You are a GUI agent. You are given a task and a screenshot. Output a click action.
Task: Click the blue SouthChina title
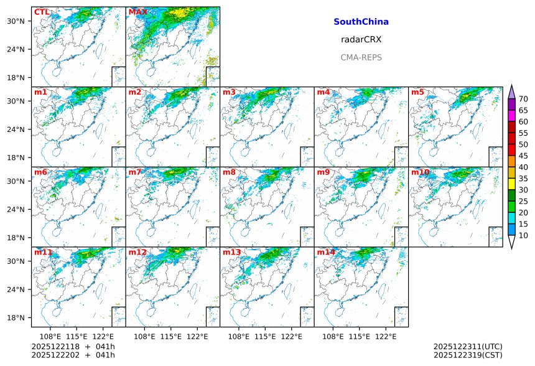[361, 22]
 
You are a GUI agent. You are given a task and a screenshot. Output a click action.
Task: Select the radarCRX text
[361, 39]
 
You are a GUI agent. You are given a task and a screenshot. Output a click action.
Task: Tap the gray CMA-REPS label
[361, 57]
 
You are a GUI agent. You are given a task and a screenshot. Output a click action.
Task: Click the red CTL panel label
[42, 12]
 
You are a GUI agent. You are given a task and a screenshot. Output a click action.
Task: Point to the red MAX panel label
[137, 12]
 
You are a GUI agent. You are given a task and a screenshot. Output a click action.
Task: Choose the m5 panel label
[417, 92]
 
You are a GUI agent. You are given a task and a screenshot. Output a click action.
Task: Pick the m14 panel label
[325, 253]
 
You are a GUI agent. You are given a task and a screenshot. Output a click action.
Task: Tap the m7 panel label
[135, 172]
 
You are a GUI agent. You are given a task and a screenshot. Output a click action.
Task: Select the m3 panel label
[229, 92]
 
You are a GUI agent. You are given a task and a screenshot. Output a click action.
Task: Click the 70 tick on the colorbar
[523, 99]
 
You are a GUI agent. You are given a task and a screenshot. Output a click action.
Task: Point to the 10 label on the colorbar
[523, 235]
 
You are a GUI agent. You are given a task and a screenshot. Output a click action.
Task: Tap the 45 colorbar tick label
[523, 156]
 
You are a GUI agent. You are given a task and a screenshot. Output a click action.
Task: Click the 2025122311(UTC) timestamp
[467, 346]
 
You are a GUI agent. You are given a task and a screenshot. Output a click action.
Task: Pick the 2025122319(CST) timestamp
[467, 355]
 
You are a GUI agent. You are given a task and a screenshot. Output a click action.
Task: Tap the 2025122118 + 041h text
[73, 346]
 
